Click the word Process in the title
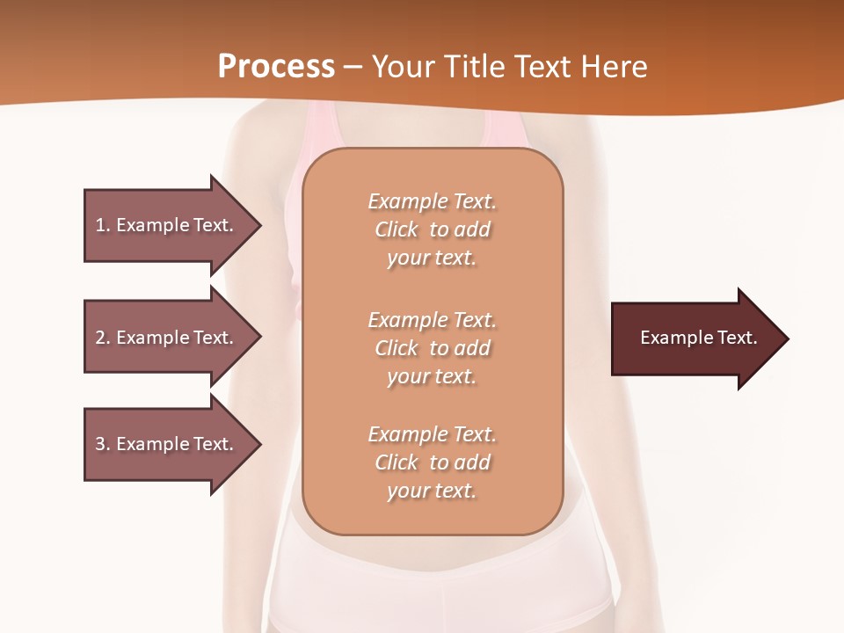276,67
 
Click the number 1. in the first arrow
102,225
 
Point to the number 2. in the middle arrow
102,338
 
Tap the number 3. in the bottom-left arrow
102,444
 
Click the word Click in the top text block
397,229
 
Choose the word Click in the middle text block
397,348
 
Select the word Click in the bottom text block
397,462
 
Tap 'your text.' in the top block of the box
432,258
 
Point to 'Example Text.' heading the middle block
432,320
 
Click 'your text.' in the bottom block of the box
432,491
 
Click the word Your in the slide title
403,67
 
